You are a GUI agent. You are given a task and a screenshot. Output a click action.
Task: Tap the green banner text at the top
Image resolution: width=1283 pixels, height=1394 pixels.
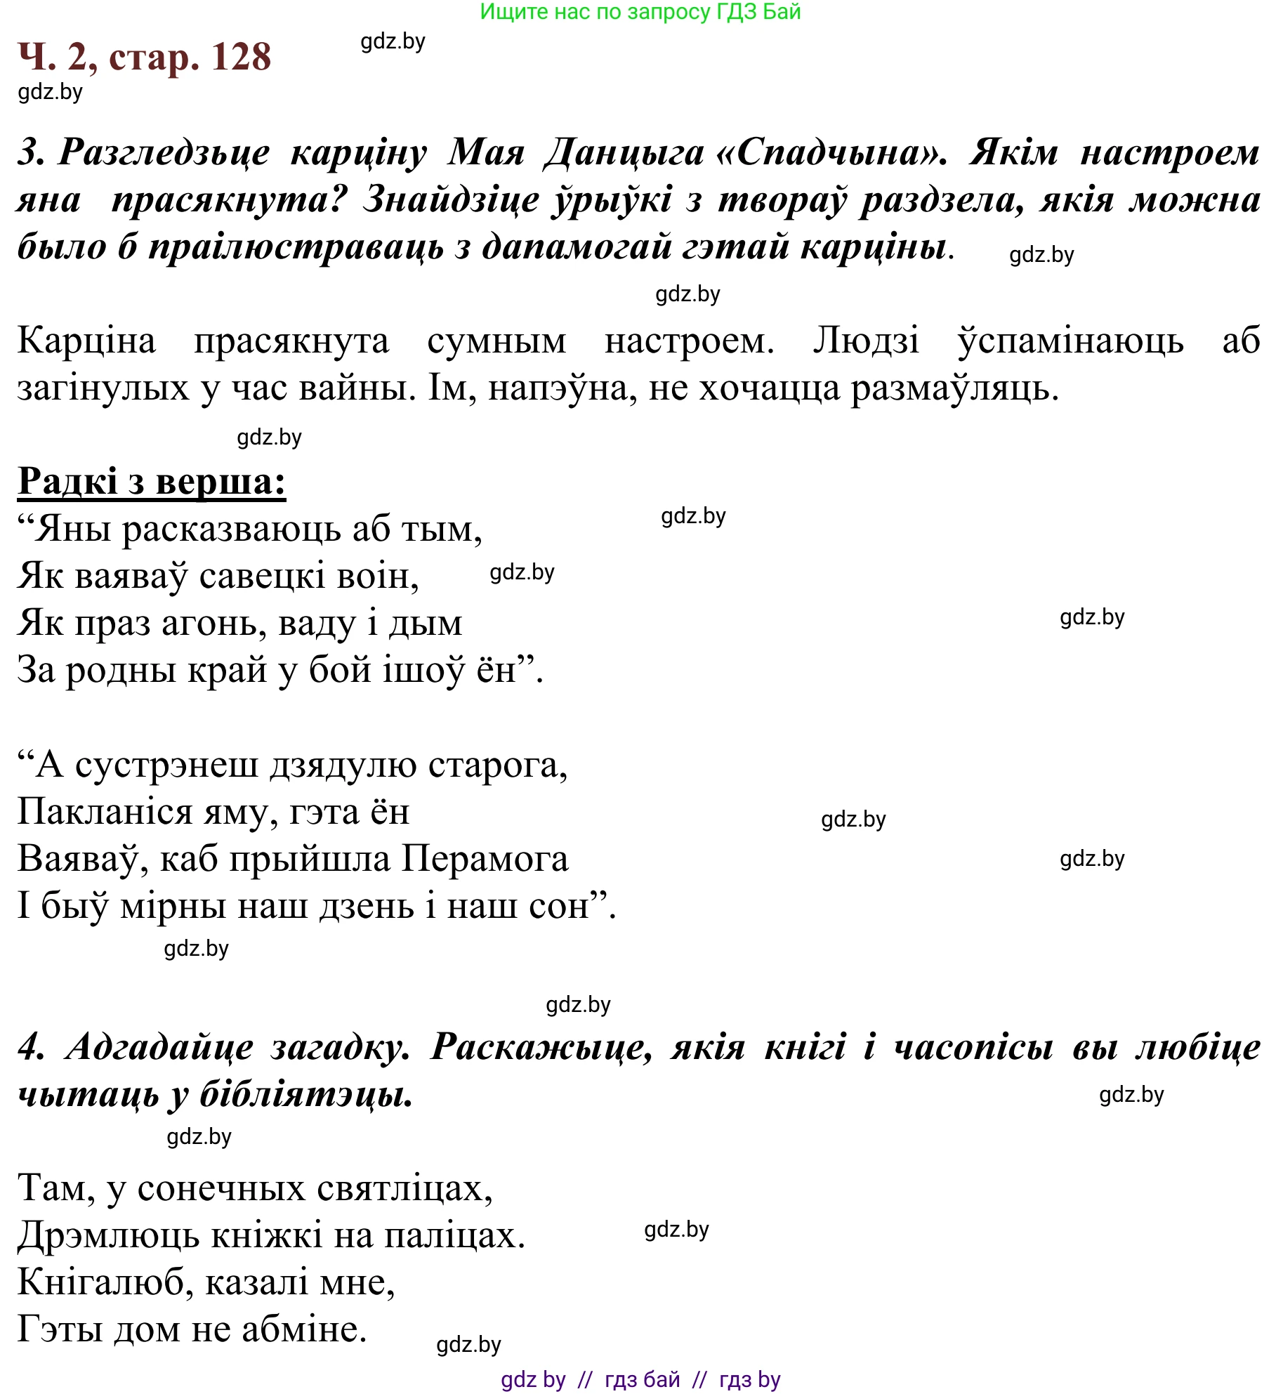[x=640, y=12]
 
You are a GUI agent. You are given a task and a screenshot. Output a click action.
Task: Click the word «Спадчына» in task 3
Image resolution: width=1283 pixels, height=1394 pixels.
[x=830, y=152]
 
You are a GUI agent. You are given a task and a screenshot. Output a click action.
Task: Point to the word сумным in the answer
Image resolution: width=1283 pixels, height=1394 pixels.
[x=496, y=341]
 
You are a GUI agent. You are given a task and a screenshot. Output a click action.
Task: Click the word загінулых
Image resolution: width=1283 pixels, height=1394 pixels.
[x=103, y=388]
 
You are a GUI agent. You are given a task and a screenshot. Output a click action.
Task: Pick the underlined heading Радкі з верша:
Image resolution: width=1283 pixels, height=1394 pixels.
[x=152, y=482]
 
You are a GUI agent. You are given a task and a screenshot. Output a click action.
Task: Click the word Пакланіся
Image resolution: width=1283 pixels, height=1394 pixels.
[x=105, y=813]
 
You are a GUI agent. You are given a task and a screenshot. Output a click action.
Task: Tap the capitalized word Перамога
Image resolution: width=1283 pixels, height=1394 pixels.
[x=485, y=859]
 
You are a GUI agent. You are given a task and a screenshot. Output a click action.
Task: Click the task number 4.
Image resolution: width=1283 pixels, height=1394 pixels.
[x=30, y=1047]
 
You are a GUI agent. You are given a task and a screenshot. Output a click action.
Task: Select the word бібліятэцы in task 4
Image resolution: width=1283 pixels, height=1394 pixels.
[x=306, y=1094]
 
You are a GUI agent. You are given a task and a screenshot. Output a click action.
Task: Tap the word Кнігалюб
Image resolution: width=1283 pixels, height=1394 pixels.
[x=105, y=1282]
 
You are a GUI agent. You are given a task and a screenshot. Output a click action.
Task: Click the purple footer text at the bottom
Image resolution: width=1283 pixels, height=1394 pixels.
[x=640, y=1379]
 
